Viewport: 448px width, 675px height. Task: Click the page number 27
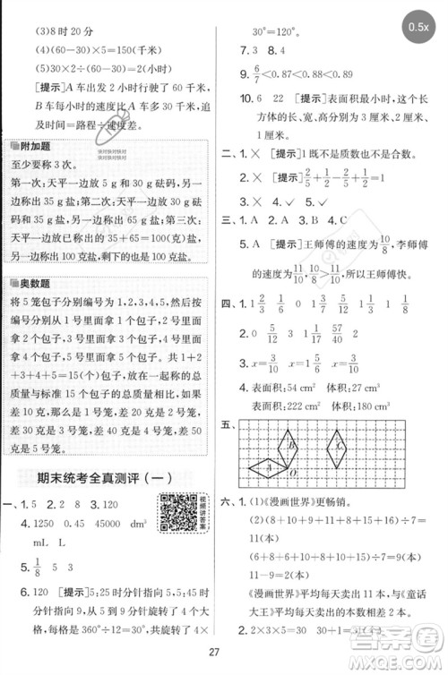click(223, 652)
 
